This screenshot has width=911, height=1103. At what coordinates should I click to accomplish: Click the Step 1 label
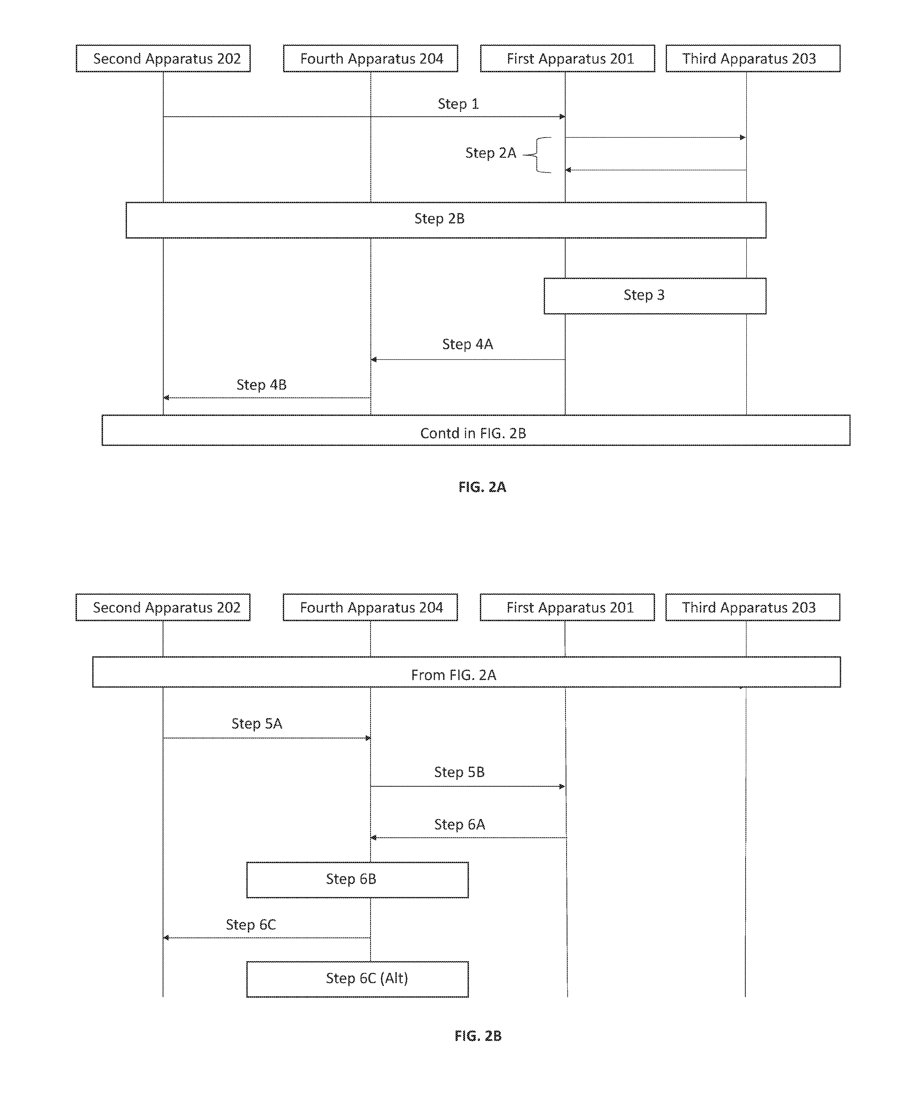[458, 104]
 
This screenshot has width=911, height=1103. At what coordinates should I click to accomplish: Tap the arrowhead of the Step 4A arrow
[374, 360]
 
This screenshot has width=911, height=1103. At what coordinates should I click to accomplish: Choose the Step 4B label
[261, 385]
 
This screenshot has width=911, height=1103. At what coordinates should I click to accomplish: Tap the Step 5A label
[256, 724]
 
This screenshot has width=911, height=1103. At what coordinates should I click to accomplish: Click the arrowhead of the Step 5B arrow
[562, 786]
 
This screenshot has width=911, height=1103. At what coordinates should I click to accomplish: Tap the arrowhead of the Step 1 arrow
[562, 117]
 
